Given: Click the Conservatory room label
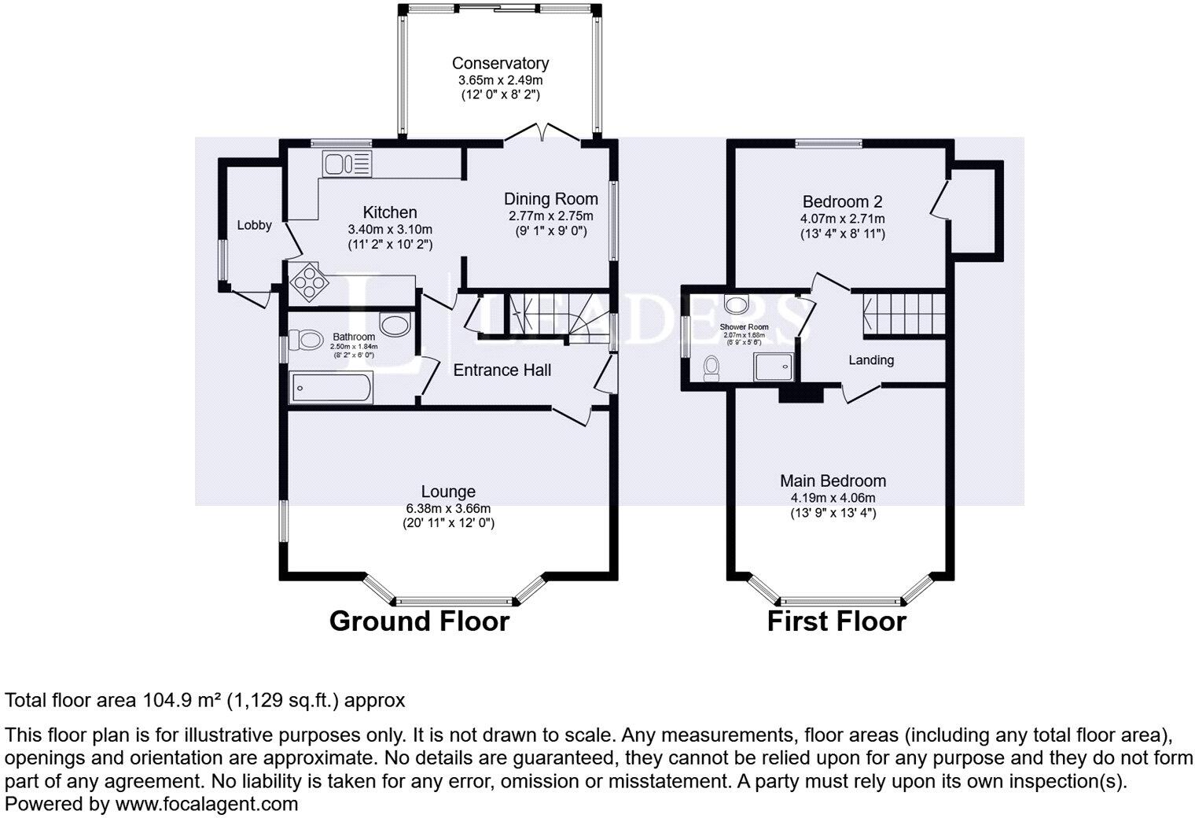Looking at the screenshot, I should tap(500, 64).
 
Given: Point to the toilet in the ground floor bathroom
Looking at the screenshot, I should tap(306, 340).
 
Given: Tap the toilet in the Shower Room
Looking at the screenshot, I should tap(712, 367).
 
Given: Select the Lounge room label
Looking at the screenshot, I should tap(448, 492).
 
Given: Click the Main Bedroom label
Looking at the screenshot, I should tap(833, 481).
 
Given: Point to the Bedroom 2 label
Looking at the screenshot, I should tap(842, 201).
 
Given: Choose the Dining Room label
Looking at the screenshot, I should tap(550, 199).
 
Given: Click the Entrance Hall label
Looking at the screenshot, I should tap(502, 370).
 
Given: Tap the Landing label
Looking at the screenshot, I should tap(871, 360).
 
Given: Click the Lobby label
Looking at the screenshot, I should tap(254, 225).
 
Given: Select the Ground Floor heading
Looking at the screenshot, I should tap(419, 621).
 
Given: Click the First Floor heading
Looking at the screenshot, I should tap(836, 621).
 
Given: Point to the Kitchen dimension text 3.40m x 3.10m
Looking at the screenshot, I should tap(390, 229).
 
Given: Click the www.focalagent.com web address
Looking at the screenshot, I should tap(207, 804).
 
